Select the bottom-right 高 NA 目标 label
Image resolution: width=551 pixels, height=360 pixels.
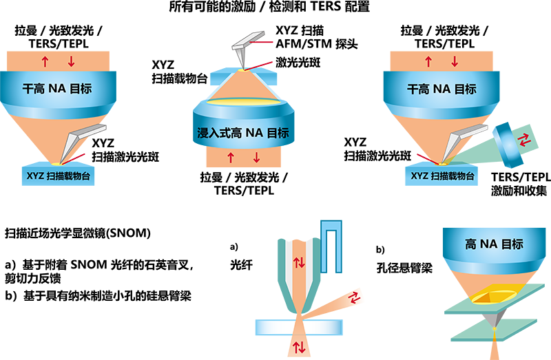coord(494,244)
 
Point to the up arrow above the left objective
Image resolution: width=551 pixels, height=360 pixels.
coord(45,62)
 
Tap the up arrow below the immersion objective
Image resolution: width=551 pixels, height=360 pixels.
coord(231,158)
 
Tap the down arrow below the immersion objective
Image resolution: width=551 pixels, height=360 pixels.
coord(256,158)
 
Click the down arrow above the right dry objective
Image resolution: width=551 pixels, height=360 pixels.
coord(455,62)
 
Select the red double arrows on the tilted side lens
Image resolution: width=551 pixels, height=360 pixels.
coord(524,140)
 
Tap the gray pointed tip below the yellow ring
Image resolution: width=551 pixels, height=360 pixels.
coord(495,319)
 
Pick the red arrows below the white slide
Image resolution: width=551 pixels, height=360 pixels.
coord(300,347)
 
